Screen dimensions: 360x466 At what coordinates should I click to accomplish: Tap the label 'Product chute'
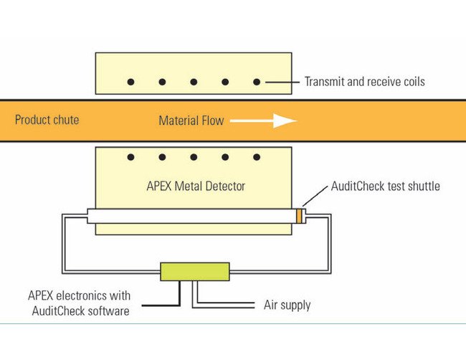(47, 120)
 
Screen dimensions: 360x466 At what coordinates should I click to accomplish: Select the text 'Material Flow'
(191, 121)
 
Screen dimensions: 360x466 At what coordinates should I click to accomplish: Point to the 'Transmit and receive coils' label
(364, 82)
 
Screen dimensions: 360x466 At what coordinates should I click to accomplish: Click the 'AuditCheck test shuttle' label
(385, 186)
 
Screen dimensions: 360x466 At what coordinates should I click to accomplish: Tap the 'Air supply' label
(287, 305)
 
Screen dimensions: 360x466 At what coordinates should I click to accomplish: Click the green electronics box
(195, 272)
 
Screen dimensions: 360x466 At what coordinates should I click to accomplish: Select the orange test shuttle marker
(300, 216)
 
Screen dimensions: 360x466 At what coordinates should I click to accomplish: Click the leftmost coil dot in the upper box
(130, 82)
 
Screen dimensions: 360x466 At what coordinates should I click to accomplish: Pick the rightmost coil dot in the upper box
(257, 82)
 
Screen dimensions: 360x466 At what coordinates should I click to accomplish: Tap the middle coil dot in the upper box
(194, 82)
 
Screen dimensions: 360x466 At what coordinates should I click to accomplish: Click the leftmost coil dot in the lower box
(130, 157)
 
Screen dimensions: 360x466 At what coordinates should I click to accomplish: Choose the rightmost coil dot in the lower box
(257, 157)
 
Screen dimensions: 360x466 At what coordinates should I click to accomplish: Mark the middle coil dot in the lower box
(194, 157)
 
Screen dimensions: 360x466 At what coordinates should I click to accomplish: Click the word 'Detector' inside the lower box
(223, 186)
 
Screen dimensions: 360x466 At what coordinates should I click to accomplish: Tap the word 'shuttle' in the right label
(421, 186)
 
